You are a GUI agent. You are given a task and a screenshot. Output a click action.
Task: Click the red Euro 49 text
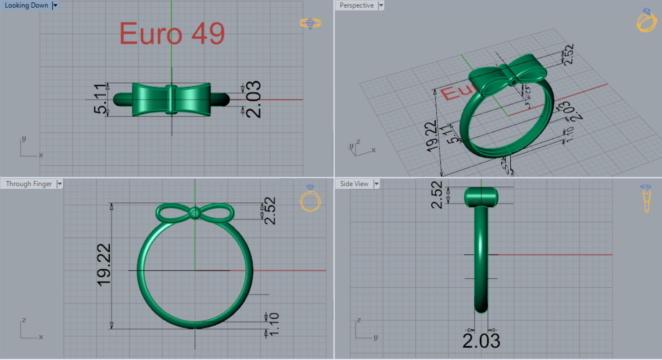(x=172, y=33)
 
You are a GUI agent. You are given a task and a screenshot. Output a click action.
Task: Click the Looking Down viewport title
(x=26, y=5)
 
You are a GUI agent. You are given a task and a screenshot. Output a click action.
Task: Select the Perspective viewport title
(x=356, y=5)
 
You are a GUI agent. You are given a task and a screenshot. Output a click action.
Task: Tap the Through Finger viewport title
(x=29, y=184)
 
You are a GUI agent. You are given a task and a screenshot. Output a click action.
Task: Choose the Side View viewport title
(x=354, y=184)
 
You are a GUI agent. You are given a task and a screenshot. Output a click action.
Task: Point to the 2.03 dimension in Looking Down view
(x=252, y=99)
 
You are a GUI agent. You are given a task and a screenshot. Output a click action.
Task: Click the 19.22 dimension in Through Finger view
(x=104, y=265)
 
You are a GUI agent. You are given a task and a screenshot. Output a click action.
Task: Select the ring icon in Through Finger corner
(x=310, y=199)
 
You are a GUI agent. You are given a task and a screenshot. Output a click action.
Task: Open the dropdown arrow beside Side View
(x=376, y=184)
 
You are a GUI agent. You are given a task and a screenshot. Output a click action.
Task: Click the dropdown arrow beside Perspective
(x=381, y=5)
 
